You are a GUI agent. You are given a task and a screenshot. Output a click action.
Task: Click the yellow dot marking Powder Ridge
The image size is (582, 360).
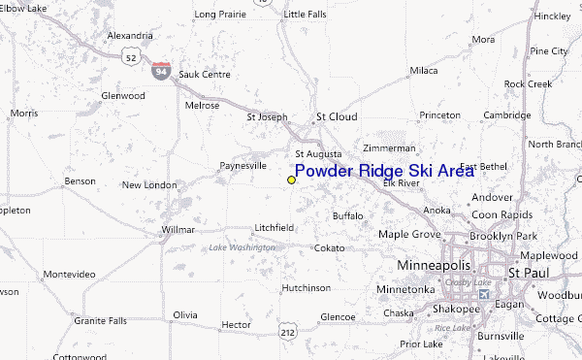pos(291,180)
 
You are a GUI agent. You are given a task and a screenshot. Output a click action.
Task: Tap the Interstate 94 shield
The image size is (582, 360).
pos(161,70)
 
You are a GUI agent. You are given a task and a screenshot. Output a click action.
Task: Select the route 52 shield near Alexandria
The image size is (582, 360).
pos(129,58)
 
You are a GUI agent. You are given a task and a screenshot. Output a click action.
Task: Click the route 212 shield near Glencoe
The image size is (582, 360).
pos(288,333)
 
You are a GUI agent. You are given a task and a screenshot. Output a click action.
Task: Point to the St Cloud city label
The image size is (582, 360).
pos(337,117)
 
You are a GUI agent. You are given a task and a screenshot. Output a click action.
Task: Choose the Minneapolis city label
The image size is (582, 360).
pos(434,265)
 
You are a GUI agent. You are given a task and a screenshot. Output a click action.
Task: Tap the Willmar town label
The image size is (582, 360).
pos(178,231)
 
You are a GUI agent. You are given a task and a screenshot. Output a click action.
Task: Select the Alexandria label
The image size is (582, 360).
pos(130,36)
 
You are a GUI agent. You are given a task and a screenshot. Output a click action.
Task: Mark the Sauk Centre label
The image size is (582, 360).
pos(202,74)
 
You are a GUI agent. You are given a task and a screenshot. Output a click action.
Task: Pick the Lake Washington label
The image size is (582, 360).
pos(242,247)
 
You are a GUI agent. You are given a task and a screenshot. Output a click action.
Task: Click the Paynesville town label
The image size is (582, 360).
pos(242,166)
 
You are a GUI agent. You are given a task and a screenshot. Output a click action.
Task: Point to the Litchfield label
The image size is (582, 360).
pos(274,227)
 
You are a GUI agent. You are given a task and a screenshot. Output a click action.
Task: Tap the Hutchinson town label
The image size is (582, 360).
pos(306,288)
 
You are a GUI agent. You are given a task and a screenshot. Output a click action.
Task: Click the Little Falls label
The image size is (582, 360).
pos(307,15)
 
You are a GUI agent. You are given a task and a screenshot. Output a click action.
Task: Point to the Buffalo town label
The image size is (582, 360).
pos(347,215)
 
